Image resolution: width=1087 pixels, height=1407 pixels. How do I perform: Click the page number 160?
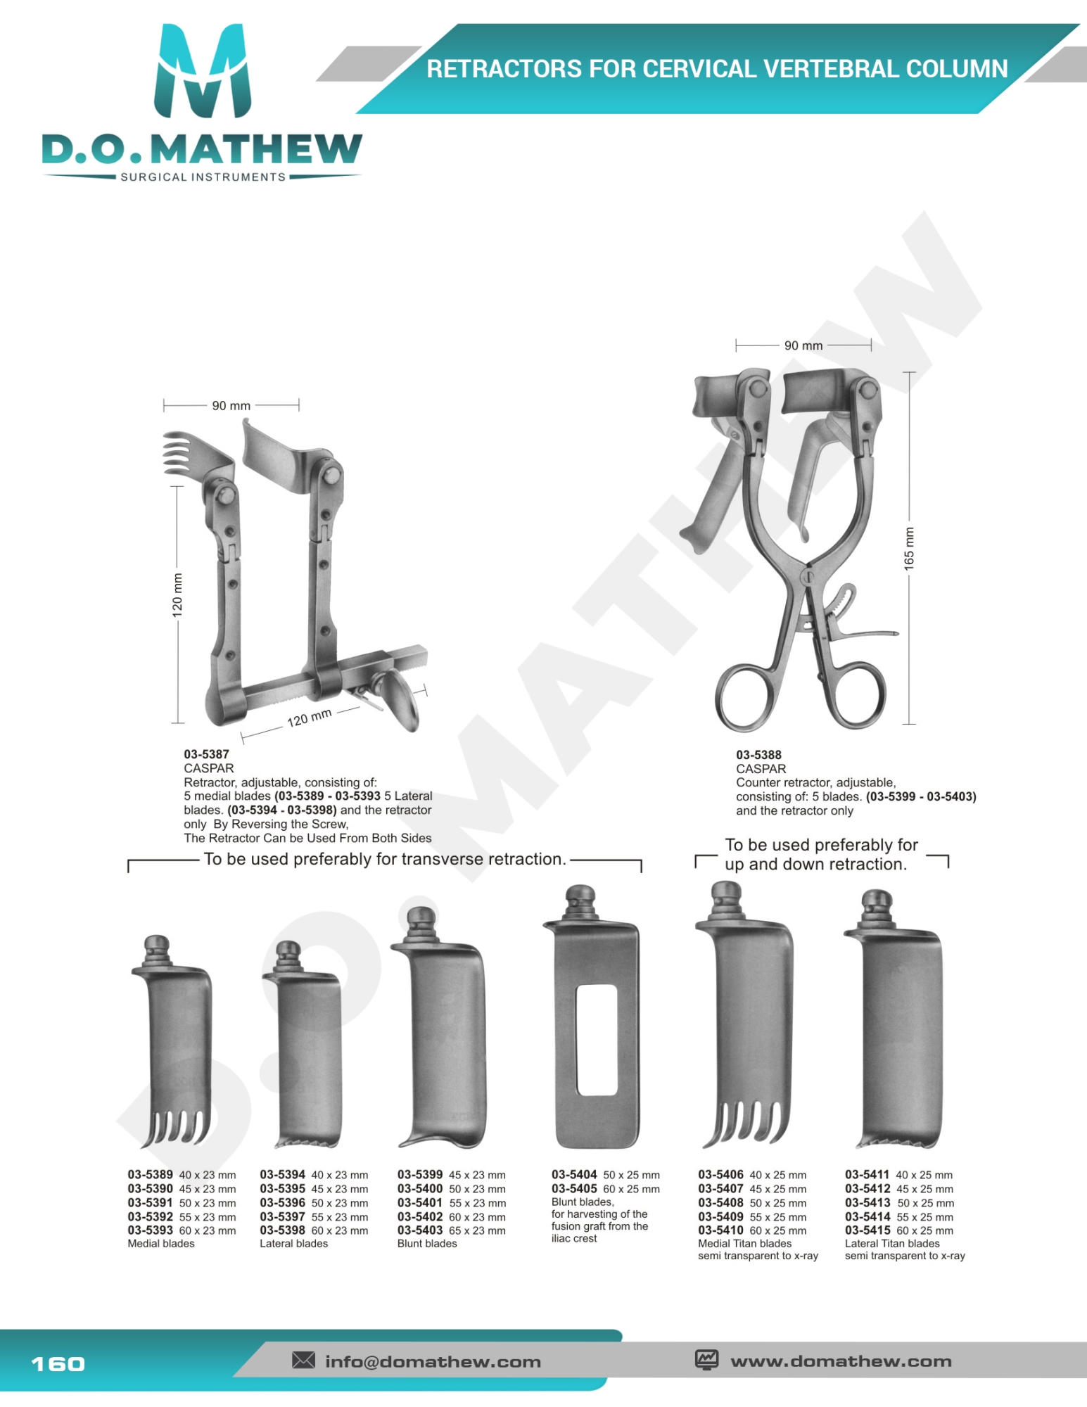58,1364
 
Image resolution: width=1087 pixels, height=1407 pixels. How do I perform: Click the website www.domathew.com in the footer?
841,1361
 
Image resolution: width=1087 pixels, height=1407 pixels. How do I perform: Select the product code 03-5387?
206,754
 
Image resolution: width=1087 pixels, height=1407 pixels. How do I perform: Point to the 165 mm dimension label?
909,548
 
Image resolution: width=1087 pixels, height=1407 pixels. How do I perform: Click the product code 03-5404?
574,1174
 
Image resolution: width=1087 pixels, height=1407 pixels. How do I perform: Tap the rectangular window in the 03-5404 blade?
597,1040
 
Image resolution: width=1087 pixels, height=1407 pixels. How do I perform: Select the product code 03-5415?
867,1230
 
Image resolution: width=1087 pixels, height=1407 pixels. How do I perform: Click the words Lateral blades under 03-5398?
293,1243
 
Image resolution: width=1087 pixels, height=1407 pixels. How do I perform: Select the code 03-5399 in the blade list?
420,1174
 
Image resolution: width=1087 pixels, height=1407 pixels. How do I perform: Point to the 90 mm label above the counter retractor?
803,345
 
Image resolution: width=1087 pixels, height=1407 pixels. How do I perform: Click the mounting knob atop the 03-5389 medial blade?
157,950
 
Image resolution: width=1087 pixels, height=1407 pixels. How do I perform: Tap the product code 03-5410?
720,1230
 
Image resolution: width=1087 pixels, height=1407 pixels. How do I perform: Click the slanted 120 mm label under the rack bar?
310,718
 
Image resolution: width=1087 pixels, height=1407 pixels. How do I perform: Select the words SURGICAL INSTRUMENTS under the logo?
203,177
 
